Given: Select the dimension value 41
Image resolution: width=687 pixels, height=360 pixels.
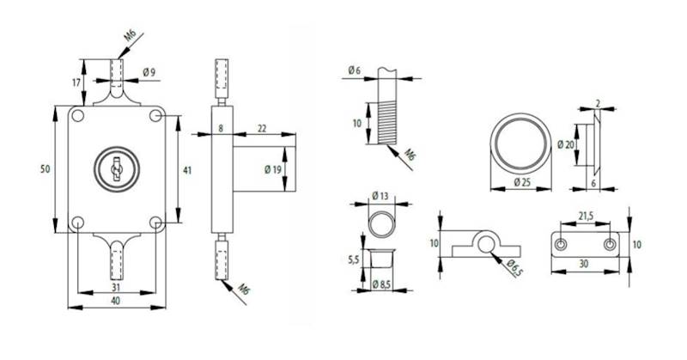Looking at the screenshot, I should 188,170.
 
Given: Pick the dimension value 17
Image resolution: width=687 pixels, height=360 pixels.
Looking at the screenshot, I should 76,82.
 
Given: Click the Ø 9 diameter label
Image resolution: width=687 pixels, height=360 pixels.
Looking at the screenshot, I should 149,71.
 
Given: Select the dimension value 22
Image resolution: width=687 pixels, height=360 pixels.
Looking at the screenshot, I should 261,128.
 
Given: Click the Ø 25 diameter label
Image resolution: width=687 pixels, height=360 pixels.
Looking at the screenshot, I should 520,182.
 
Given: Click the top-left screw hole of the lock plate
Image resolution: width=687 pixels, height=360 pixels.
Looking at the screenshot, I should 77,116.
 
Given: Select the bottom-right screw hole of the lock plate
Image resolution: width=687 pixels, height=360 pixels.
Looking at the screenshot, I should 155,223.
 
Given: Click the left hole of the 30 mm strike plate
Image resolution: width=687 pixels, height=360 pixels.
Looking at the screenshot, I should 561,245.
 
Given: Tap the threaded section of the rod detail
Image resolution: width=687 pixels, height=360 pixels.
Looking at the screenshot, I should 384,123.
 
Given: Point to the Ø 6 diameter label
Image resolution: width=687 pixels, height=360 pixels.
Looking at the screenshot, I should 353,70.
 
